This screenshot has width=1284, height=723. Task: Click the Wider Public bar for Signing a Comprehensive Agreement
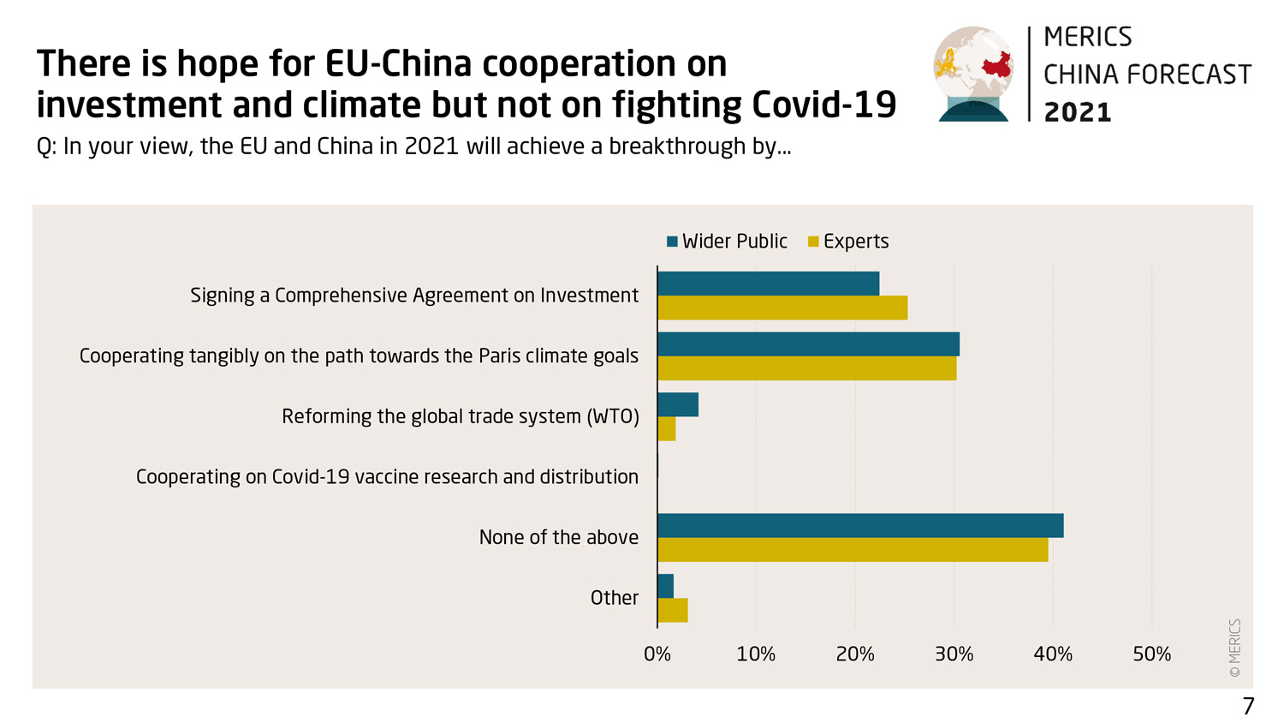pyautogui.click(x=768, y=284)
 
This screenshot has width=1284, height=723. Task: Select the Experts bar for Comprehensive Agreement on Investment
pyautogui.click(x=782, y=308)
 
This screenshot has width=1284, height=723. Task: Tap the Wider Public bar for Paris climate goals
pyautogui.click(x=808, y=344)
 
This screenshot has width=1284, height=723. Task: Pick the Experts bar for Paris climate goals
pyautogui.click(x=806, y=368)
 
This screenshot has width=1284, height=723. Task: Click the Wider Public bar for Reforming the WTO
pyautogui.click(x=678, y=404)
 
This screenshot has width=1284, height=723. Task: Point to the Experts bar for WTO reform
pyautogui.click(x=667, y=428)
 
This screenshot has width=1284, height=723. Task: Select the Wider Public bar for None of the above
pyautogui.click(x=860, y=526)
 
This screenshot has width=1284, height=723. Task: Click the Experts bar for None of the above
pyautogui.click(x=853, y=550)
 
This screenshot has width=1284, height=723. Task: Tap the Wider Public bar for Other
pyautogui.click(x=666, y=586)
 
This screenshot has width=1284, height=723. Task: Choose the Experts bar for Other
pyautogui.click(x=673, y=611)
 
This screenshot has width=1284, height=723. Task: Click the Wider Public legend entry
pyautogui.click(x=727, y=242)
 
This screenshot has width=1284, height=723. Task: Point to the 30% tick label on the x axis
pyautogui.click(x=954, y=654)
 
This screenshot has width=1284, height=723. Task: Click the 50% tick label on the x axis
pyautogui.click(x=1151, y=654)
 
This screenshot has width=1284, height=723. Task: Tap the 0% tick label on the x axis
pyautogui.click(x=657, y=654)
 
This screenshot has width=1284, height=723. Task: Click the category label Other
pyautogui.click(x=614, y=598)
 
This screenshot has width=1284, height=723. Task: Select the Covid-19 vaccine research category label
pyautogui.click(x=387, y=477)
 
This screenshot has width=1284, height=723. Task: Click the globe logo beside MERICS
pyautogui.click(x=973, y=74)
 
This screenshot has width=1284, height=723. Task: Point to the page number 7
pyautogui.click(x=1248, y=706)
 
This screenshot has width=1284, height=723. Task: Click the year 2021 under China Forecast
pyautogui.click(x=1078, y=112)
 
